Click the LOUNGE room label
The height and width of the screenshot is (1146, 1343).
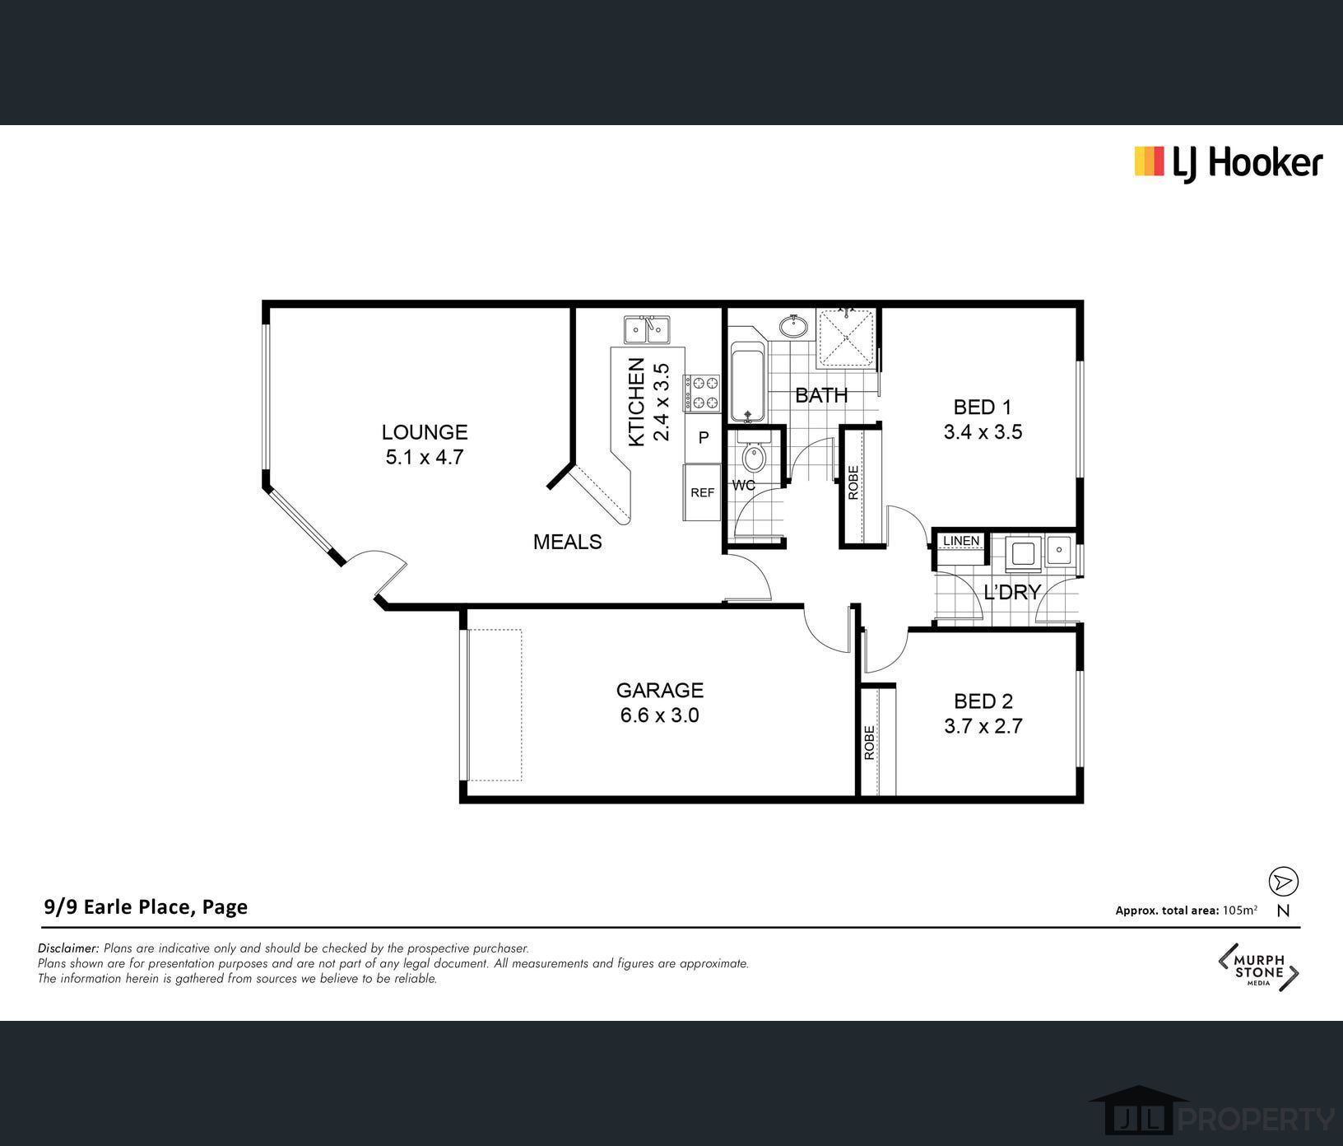[425, 432]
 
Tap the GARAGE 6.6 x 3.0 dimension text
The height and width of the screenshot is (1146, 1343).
[659, 715]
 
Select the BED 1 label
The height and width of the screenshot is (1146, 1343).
[982, 407]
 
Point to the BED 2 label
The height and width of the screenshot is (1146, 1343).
[983, 701]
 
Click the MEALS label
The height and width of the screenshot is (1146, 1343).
[568, 542]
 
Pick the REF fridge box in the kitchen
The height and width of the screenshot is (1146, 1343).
[702, 492]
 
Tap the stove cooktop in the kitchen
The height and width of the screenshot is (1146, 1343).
[701, 393]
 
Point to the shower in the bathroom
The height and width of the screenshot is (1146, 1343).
[845, 339]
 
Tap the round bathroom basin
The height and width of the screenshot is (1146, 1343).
[793, 326]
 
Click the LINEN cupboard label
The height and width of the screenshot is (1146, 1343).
[961, 541]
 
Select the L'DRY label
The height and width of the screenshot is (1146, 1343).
[1012, 592]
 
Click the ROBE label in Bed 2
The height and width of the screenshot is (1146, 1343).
[869, 742]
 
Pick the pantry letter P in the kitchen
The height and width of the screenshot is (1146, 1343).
[704, 437]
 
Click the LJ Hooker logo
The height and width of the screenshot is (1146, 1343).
[1228, 163]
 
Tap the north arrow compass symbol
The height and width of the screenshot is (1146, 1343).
[1283, 882]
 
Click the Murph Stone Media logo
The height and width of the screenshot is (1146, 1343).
[1258, 967]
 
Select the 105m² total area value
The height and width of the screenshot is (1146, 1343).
[1240, 910]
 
